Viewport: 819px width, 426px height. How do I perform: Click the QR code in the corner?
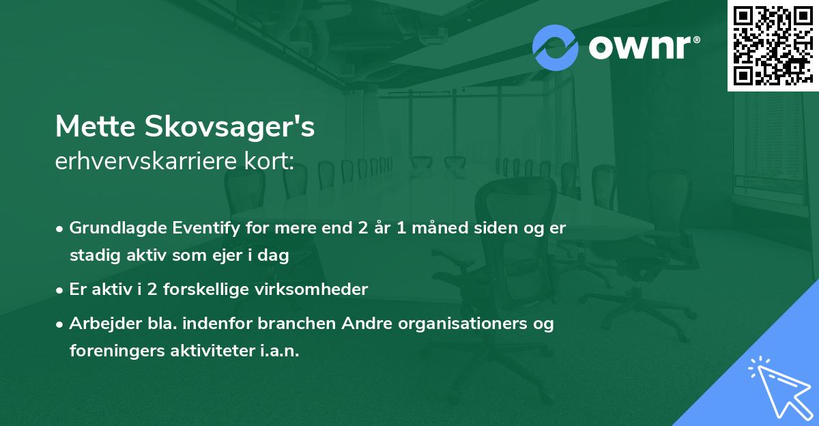tap(773, 45)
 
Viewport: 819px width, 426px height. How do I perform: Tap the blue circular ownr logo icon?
tap(556, 48)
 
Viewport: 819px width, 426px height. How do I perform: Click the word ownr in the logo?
tap(633, 48)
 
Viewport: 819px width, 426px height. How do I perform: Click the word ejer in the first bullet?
tap(236, 256)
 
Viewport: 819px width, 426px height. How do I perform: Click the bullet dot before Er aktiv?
tap(61, 290)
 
